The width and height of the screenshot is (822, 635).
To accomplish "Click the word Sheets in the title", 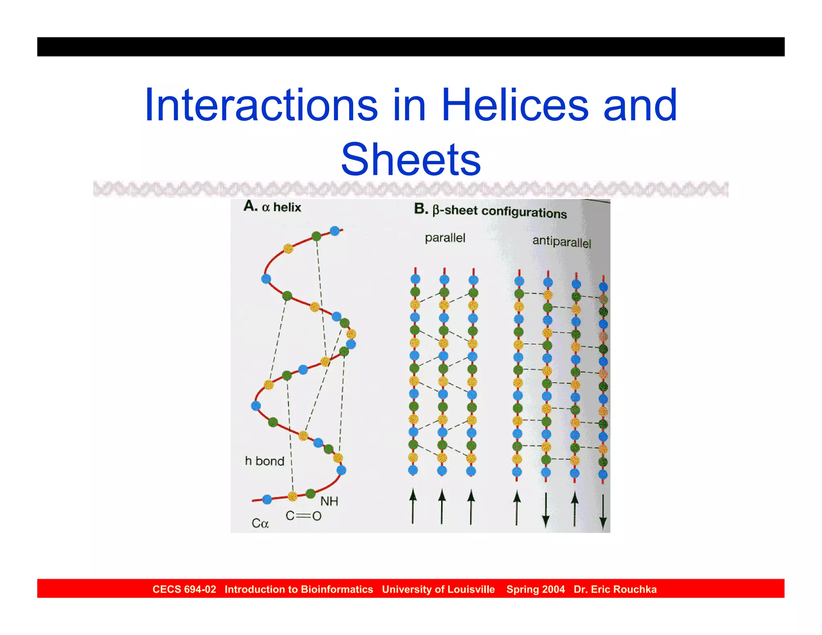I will point(411,160).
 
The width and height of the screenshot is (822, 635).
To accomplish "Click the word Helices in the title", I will point(515,105).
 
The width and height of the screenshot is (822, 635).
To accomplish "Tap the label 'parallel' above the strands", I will point(445,238).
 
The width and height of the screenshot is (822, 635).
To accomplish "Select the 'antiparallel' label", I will point(562,242).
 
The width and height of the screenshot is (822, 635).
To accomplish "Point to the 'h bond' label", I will point(265,461).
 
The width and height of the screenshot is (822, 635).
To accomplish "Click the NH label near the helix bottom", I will point(329,501).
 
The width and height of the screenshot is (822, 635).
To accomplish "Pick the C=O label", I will point(303,516).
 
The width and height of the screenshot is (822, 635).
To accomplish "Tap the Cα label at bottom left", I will point(260,523).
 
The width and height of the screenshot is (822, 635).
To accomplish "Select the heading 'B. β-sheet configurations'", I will point(490,211).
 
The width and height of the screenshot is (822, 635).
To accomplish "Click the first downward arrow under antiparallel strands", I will point(545,510).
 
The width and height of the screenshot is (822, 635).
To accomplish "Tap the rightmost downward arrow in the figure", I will point(603,512).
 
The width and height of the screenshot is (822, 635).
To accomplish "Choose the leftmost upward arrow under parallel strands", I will point(413,507).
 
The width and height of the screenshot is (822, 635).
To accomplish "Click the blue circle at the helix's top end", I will point(335,231).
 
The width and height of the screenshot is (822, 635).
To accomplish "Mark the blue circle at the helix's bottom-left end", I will point(267,499).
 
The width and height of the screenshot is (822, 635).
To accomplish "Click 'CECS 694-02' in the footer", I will point(184,589).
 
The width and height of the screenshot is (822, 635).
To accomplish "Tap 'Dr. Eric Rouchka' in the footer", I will point(615,589).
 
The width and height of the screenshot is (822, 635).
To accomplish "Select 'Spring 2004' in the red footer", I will point(535,589).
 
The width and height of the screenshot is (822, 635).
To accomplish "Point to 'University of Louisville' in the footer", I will point(438,589).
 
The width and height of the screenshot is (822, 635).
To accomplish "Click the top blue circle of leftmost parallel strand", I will point(415,279).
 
